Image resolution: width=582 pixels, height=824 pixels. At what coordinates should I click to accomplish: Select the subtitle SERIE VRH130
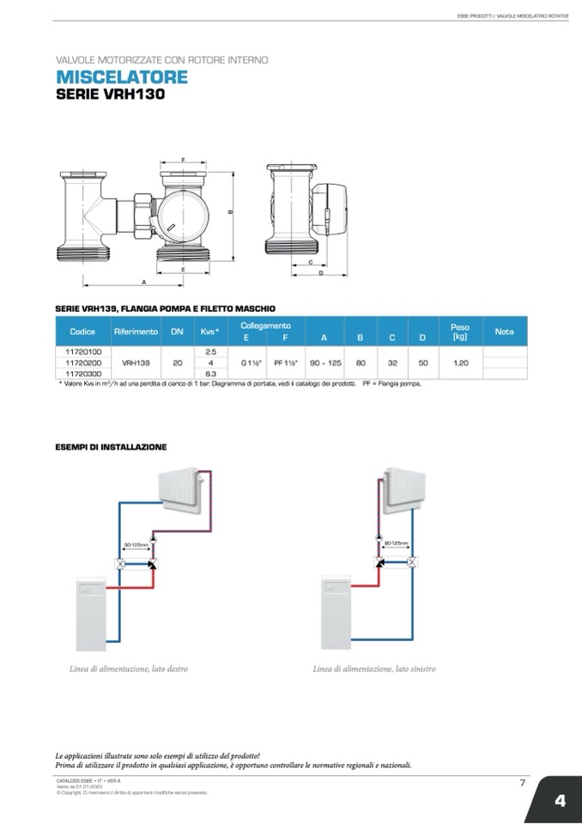tap(109, 95)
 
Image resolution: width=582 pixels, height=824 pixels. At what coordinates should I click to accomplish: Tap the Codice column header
tap(82, 331)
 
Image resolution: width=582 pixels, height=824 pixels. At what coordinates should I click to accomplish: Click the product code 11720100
tap(83, 351)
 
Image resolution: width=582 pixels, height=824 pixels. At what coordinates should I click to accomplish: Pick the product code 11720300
tap(83, 374)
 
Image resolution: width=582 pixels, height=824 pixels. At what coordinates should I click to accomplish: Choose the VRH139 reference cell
tap(136, 363)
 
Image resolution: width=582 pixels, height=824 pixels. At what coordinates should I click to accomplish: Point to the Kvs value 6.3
tap(210, 374)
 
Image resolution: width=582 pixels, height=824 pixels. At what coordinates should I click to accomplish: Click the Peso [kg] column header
tap(459, 331)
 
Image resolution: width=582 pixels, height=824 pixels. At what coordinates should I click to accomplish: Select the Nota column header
tap(505, 331)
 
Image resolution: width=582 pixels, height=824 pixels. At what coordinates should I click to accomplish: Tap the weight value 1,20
tap(460, 363)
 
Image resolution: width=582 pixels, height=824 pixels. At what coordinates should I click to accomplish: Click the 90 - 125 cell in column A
tap(325, 363)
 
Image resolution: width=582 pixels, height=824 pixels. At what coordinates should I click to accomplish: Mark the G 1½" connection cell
tap(251, 363)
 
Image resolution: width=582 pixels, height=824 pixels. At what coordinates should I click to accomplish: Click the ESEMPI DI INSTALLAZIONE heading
tap(111, 447)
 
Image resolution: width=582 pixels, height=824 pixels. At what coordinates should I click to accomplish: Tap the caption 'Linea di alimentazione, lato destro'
tap(129, 668)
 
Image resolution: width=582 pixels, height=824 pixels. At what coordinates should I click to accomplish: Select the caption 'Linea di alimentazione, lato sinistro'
tap(374, 668)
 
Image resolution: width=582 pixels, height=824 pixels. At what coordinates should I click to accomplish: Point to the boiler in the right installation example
tap(340, 613)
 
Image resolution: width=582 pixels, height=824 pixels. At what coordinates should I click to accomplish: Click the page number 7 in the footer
tap(522, 782)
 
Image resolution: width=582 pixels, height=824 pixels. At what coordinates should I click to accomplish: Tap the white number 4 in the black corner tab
tap(560, 801)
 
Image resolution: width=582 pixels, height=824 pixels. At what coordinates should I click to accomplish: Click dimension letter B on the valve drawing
tap(230, 212)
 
